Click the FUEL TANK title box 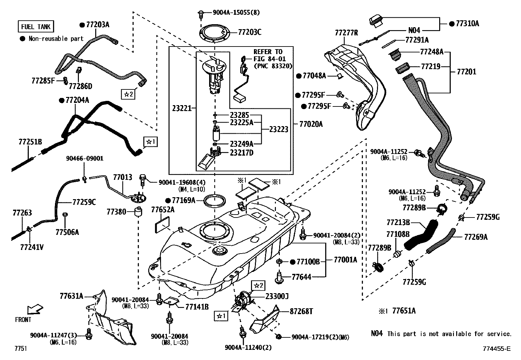click(x=36, y=27)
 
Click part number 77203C click(x=250, y=32)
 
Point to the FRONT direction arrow click(x=35, y=309)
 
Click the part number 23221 click(x=182, y=108)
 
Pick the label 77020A click(x=311, y=124)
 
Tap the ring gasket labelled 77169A click(x=215, y=200)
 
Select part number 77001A click(x=345, y=260)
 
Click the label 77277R click(x=346, y=33)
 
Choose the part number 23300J click(x=277, y=296)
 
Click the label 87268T click(x=301, y=311)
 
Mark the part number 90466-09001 click(x=84, y=159)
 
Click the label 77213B click(x=398, y=222)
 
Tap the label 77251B click(x=30, y=142)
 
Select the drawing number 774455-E click(x=496, y=349)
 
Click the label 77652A click(x=163, y=210)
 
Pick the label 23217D click(x=242, y=153)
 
